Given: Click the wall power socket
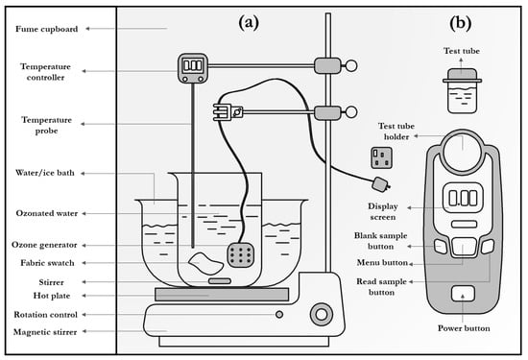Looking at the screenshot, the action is (x=381, y=157).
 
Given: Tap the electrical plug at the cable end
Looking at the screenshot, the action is (x=381, y=184).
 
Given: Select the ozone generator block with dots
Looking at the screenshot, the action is (x=240, y=254).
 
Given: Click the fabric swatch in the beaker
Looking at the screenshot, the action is (x=205, y=263).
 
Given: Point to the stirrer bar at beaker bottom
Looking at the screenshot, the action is (x=220, y=281).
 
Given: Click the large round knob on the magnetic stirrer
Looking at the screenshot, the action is (x=322, y=314).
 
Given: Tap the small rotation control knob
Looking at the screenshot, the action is (x=279, y=314).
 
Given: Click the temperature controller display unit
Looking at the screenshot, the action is (x=193, y=68).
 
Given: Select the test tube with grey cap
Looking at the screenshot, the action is (x=462, y=90).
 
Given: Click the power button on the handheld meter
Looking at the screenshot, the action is (x=463, y=293).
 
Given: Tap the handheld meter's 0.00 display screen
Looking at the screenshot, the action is (x=463, y=198).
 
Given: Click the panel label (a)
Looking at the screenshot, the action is (x=249, y=23).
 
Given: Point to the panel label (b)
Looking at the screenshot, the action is (x=460, y=23).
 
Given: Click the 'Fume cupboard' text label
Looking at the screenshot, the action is (x=46, y=29).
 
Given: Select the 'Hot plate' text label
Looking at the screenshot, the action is (x=52, y=296).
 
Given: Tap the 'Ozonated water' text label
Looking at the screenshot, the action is (x=46, y=213).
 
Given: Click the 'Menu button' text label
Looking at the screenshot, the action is (x=382, y=262).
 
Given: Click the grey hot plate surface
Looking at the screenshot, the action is (x=222, y=295).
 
